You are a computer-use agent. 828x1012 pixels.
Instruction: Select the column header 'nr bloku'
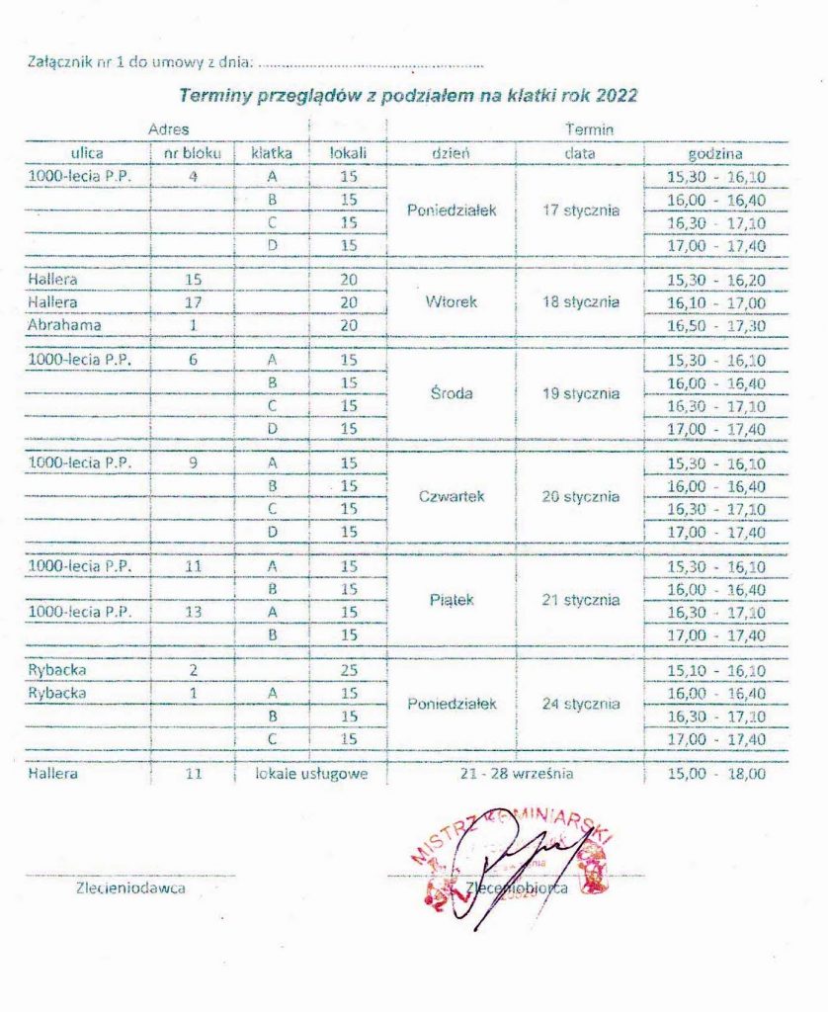point(193,153)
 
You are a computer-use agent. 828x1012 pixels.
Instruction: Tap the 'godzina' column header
point(715,153)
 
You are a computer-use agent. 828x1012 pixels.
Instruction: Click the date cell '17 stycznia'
point(581,211)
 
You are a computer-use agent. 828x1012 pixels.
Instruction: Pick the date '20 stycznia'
point(581,497)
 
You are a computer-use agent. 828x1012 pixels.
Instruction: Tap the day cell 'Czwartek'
point(451,497)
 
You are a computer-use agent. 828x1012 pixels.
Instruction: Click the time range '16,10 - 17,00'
point(716,301)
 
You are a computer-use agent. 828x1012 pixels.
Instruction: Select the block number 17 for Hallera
point(193,301)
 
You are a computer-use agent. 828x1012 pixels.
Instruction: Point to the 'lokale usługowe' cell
point(311,774)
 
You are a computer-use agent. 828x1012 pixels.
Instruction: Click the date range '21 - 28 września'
point(516,774)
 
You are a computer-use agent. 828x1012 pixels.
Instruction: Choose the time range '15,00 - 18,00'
point(716,774)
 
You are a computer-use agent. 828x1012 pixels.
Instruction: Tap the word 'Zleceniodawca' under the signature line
point(129,887)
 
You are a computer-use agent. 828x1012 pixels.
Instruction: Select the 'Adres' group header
point(168,129)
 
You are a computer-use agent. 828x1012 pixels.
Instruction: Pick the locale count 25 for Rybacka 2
point(348,671)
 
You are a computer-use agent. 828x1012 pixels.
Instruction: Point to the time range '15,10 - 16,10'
point(716,671)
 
